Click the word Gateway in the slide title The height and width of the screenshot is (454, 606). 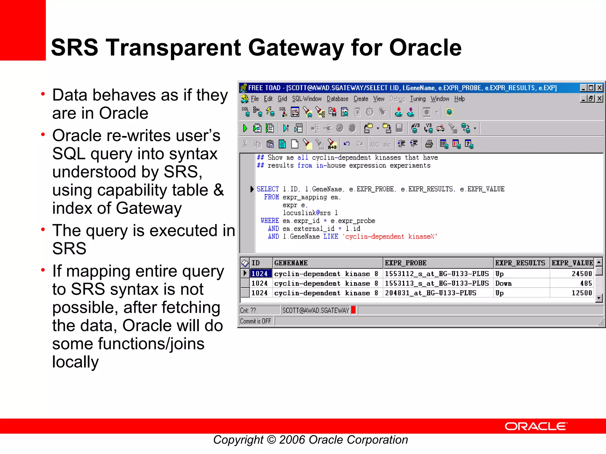pos(296,48)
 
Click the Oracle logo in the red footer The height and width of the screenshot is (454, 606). pos(536,426)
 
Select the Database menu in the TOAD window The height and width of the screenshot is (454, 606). pos(337,99)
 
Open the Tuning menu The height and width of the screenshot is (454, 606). pos(418,99)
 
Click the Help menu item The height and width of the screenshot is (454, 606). pos(459,99)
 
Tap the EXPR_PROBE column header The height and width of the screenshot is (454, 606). pos(405,263)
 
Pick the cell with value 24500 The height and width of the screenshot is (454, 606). pos(581,274)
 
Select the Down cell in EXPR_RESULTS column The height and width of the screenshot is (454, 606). pos(503,283)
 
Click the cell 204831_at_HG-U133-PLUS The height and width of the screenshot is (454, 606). pos(430,293)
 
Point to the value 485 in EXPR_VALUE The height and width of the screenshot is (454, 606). pos(586,283)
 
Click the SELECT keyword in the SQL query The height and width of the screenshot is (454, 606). pos(267,189)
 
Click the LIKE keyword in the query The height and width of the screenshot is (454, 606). pos(331,236)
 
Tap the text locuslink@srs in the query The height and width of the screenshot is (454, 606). pos(307,213)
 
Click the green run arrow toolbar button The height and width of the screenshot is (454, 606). pos(245,128)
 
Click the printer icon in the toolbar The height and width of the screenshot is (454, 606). pos(429,144)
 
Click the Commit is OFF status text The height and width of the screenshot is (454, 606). pos(255,321)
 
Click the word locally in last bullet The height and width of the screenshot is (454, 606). pos(75,362)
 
